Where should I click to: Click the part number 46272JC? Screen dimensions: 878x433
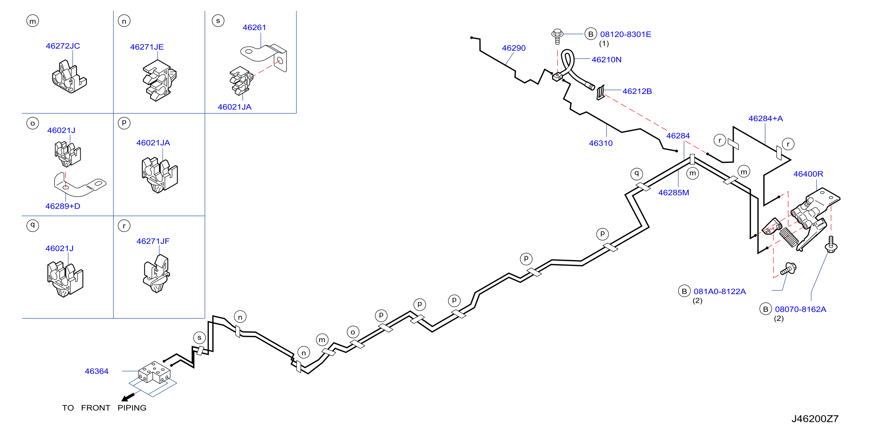pyautogui.click(x=63, y=46)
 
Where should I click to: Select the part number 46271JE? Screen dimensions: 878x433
pyautogui.click(x=147, y=47)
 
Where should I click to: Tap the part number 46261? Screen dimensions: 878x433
pyautogui.click(x=254, y=27)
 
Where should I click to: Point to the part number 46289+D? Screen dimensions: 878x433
pyautogui.click(x=63, y=206)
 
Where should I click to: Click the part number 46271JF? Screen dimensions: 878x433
pyautogui.click(x=153, y=241)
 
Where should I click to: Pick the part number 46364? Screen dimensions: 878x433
pyautogui.click(x=96, y=371)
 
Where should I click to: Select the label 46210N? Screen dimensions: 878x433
pyautogui.click(x=607, y=60)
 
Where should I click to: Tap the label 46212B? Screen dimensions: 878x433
pyautogui.click(x=637, y=92)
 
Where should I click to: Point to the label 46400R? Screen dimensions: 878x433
pyautogui.click(x=808, y=174)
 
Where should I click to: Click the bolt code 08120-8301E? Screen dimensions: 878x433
pyautogui.click(x=625, y=34)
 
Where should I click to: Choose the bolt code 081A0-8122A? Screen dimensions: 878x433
pyautogui.click(x=719, y=292)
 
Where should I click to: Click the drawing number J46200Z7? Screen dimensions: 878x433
pyautogui.click(x=815, y=419)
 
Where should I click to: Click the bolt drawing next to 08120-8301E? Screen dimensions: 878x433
pyautogui.click(x=557, y=36)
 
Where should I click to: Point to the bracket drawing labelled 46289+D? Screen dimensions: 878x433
pyautogui.click(x=80, y=186)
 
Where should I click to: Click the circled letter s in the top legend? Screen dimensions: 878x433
pyautogui.click(x=218, y=21)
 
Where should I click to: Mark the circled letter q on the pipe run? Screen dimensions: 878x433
pyautogui.click(x=636, y=174)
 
